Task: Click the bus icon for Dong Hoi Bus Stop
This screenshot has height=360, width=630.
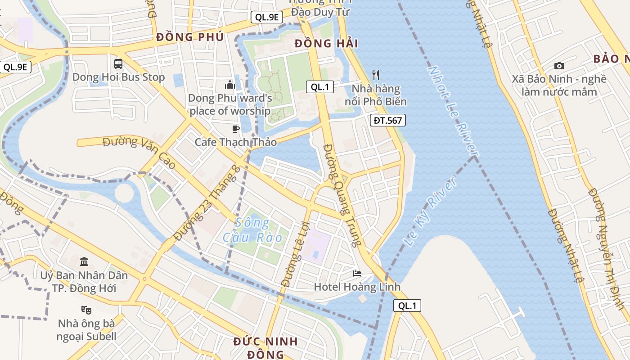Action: (x=118, y=63)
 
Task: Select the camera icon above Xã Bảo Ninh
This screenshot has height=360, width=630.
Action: (x=559, y=66)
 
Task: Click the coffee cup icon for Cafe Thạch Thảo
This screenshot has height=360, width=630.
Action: (x=235, y=129)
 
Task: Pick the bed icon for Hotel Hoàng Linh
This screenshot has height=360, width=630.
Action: (x=357, y=273)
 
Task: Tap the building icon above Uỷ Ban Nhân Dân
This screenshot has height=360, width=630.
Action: (x=84, y=261)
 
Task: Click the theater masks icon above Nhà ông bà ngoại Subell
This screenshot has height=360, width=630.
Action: (x=86, y=310)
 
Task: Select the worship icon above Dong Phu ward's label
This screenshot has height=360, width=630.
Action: (x=230, y=85)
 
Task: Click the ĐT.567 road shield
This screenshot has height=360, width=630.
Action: (x=388, y=120)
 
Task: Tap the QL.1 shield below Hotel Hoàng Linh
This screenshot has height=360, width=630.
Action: (x=407, y=306)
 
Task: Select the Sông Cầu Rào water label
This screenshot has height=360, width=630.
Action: (x=253, y=230)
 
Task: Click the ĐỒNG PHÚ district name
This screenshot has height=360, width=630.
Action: (x=189, y=37)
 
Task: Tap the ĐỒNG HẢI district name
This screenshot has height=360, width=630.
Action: (x=326, y=44)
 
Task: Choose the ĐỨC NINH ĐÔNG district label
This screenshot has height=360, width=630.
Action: (x=265, y=347)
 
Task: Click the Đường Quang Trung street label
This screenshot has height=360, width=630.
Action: (x=342, y=195)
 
